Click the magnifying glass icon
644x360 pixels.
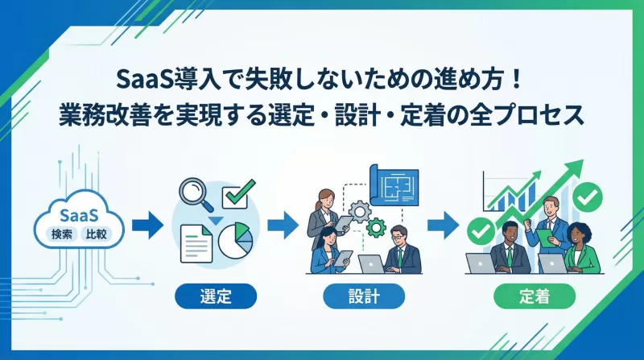193,195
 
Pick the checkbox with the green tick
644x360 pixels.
238,194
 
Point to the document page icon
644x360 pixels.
196,242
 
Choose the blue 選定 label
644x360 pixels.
215,296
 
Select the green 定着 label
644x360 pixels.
534,296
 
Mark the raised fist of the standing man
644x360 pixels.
526,221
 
